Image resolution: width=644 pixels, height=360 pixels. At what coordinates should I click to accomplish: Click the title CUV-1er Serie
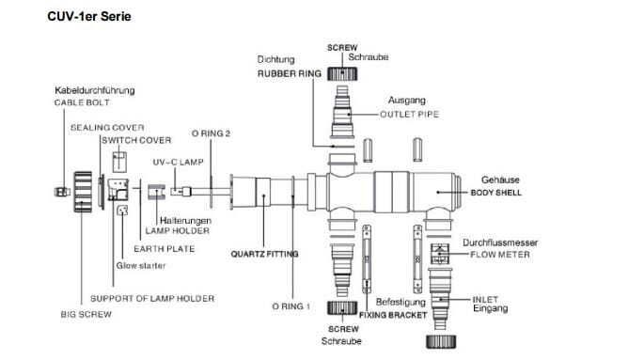(x=89, y=16)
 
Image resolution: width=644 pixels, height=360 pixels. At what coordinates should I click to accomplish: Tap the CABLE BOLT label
(x=82, y=102)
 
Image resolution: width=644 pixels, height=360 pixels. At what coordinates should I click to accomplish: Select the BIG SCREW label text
(x=86, y=315)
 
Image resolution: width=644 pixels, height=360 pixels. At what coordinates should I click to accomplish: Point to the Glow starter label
(x=141, y=266)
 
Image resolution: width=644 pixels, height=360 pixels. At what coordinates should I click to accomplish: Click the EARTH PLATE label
(x=165, y=249)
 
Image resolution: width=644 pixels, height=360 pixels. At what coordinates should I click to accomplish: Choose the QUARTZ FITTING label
(x=264, y=254)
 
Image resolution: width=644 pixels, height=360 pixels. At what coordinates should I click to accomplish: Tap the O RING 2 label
(x=212, y=133)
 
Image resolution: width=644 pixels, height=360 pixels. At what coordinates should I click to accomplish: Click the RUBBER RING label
(x=290, y=73)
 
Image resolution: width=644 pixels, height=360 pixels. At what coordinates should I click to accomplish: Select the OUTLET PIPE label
(x=410, y=114)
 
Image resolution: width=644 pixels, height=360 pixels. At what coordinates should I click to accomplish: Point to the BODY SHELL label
(x=496, y=193)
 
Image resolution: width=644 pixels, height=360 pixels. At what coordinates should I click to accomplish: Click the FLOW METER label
(x=500, y=255)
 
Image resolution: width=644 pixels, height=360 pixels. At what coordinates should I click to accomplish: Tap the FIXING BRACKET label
(x=393, y=315)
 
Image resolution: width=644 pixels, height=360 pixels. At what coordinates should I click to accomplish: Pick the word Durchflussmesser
(x=500, y=243)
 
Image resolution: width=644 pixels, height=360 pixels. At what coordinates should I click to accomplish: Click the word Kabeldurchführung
(x=95, y=90)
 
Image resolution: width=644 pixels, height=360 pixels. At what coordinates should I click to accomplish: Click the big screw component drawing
(x=83, y=192)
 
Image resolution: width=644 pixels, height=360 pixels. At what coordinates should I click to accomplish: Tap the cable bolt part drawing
(x=62, y=192)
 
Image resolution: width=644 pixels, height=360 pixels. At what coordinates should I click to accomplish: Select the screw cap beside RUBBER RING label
(x=342, y=74)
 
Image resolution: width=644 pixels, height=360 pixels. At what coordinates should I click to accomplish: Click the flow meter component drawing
(x=440, y=254)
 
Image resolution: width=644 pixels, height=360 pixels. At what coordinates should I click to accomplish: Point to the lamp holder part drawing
(x=156, y=192)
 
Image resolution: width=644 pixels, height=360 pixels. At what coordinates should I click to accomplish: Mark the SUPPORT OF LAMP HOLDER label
(x=152, y=298)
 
